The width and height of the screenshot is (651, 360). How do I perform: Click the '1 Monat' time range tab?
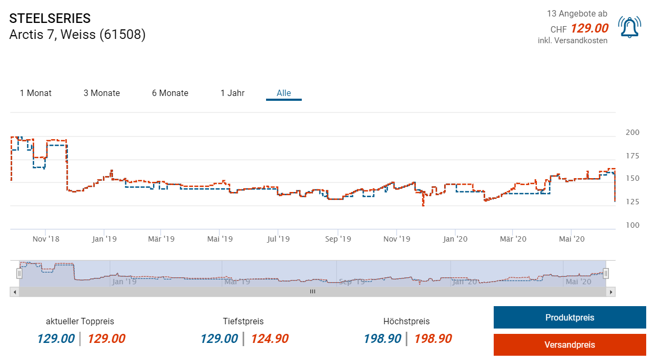(36, 93)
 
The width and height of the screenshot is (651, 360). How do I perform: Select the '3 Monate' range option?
(102, 93)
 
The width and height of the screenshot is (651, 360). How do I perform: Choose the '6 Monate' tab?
(170, 93)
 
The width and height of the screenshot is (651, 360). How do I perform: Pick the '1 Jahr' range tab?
(232, 93)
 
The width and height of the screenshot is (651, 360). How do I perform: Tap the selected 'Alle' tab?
(284, 93)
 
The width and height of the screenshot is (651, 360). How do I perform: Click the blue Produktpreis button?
(569, 317)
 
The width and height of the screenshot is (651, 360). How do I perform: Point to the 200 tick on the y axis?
(632, 132)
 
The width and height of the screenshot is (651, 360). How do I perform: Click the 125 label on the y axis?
(632, 202)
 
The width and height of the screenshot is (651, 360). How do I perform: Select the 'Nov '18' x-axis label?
(46, 239)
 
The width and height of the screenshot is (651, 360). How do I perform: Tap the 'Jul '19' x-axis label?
(278, 239)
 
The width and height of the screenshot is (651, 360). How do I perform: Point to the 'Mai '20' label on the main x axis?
(572, 239)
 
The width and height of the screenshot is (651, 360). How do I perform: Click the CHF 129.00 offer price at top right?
(589, 29)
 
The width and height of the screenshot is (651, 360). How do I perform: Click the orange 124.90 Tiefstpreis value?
(269, 339)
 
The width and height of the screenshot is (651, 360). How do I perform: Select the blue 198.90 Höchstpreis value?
(382, 339)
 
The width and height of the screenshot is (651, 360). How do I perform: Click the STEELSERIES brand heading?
(50, 18)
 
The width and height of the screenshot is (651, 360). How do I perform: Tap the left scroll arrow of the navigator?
(15, 292)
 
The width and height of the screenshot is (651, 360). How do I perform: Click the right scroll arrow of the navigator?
(611, 292)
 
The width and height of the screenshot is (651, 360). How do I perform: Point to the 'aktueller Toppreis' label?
(80, 322)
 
